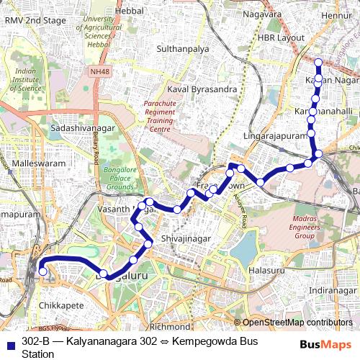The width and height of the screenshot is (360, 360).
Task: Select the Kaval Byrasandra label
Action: click(x=202, y=89)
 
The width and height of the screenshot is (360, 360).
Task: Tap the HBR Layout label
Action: click(x=279, y=37)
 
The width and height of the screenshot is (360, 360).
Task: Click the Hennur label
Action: click(x=336, y=14)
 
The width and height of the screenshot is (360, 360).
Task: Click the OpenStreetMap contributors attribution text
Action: click(x=296, y=323)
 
